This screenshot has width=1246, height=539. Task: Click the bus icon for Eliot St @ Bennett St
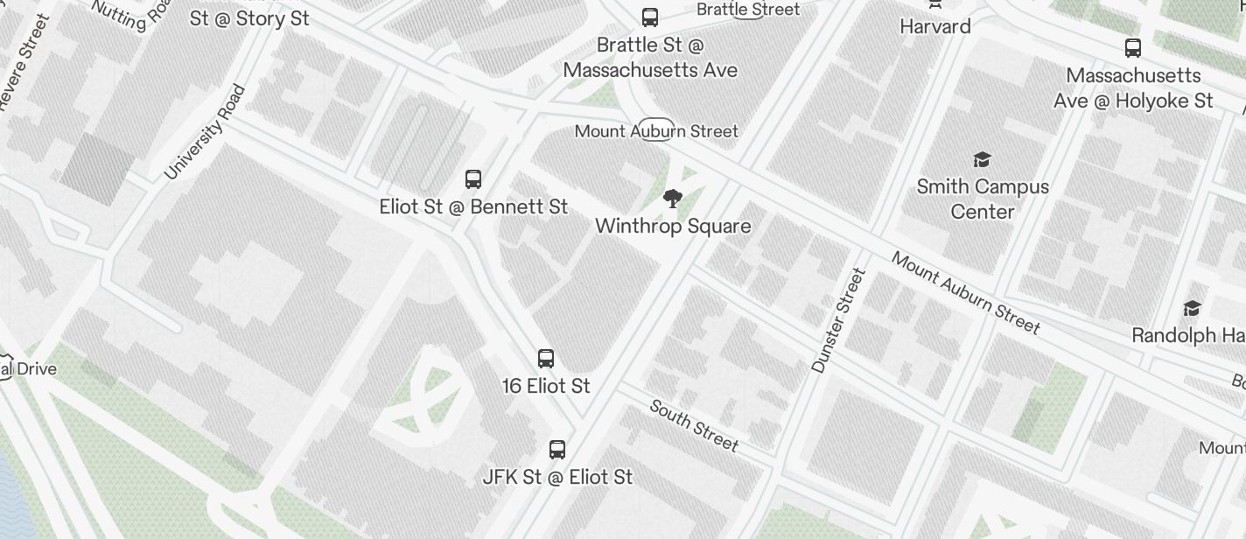(473, 179)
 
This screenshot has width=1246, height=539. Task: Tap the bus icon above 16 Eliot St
(546, 359)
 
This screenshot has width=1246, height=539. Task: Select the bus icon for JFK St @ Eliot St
(557, 450)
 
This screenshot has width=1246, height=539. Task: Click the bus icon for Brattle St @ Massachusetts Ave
(650, 17)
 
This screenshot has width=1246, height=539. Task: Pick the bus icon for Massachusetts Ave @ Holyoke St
(1133, 48)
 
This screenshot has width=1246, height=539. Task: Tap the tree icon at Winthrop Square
(672, 199)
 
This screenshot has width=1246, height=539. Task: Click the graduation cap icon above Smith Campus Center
(982, 159)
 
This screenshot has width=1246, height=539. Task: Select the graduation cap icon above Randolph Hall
(1192, 308)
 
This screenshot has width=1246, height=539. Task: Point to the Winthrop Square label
(673, 227)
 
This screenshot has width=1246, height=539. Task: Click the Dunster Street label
(838, 320)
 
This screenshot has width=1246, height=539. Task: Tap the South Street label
(695, 425)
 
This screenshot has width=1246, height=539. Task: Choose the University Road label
(206, 131)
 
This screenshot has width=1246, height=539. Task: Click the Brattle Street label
(748, 10)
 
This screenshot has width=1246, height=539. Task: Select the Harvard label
(935, 27)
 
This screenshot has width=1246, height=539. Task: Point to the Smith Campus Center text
(983, 199)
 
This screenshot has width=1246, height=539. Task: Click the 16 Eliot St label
(546, 386)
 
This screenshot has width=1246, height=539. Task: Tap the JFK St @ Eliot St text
(557, 477)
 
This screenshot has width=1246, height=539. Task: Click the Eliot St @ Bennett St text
(473, 207)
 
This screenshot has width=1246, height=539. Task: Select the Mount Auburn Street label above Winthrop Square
(656, 131)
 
